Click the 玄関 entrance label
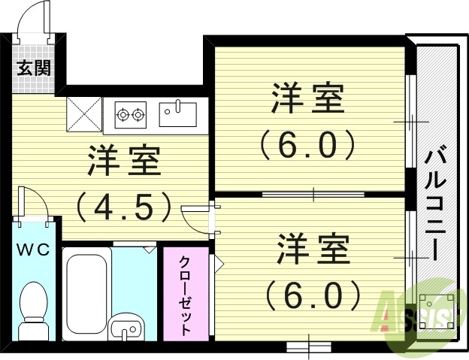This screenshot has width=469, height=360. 35,68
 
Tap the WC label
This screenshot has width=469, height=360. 35,250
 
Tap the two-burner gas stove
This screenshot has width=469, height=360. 130,115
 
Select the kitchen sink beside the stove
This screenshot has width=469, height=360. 177,114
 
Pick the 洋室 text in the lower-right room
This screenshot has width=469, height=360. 314,249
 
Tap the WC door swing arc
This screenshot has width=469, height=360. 36,204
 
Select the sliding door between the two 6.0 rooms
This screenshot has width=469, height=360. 313,195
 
